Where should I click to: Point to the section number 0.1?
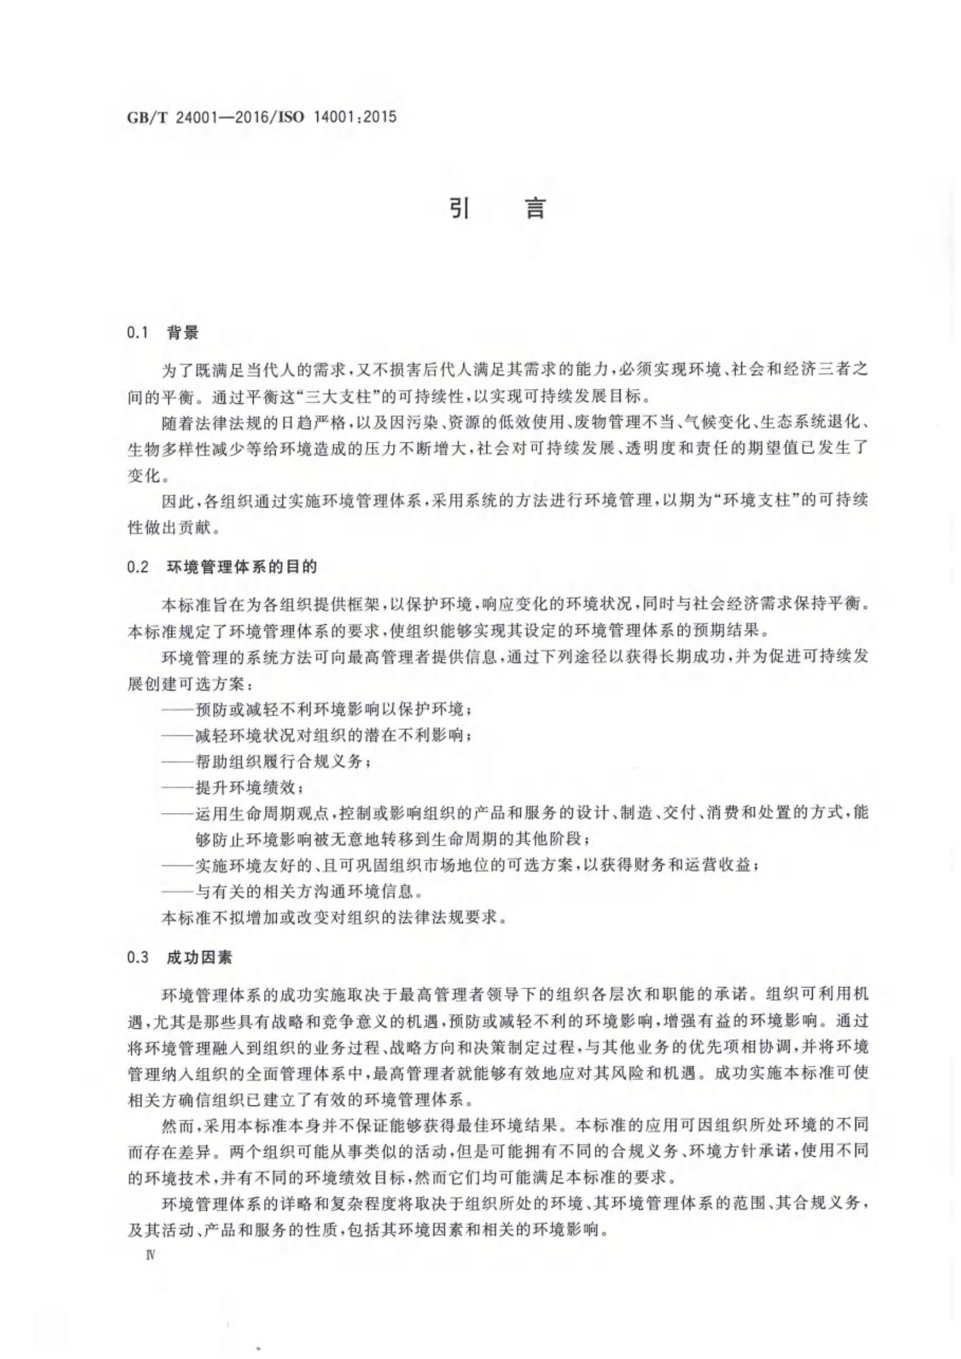point(137,333)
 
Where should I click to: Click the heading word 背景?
point(183,333)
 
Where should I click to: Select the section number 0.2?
point(137,567)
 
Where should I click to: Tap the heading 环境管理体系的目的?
point(242,567)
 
